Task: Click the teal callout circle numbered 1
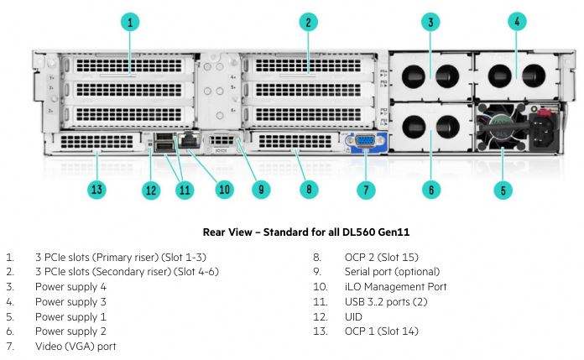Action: coord(130,23)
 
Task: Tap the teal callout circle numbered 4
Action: coord(517,22)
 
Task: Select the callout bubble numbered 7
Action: coord(366,190)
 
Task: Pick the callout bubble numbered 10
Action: coord(225,190)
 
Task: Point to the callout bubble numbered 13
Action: coord(96,190)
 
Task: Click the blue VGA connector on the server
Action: coord(365,141)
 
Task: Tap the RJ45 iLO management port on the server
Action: coord(190,140)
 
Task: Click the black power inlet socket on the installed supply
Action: coord(544,130)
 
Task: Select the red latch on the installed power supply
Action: coord(545,111)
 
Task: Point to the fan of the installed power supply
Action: coord(500,127)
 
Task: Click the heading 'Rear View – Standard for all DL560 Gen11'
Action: coord(306,232)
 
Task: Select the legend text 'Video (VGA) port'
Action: coord(76,347)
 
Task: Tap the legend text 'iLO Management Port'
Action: coord(395,287)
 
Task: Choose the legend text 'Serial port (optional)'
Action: coord(392,272)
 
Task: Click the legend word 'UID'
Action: coord(353,316)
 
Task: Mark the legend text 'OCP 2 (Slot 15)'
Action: coord(382,257)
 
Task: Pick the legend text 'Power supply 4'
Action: coord(70,287)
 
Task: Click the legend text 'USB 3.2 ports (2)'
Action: coord(386,301)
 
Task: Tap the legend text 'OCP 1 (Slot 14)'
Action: coord(382,331)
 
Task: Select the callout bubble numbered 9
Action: coord(261,190)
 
